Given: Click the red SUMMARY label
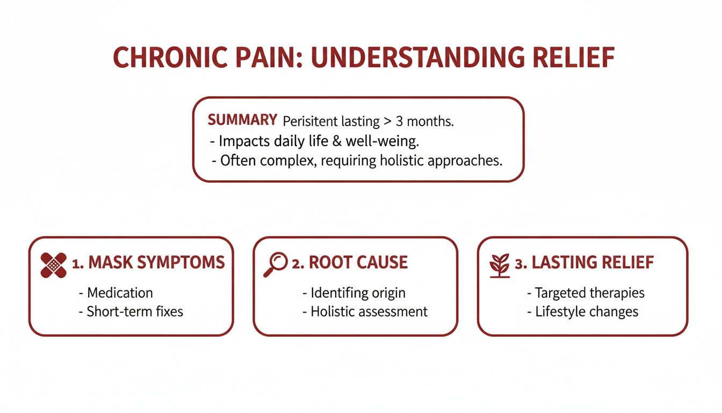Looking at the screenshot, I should coord(242,120).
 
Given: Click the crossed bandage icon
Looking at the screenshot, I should coord(54,265).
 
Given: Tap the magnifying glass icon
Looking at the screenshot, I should coord(276,264).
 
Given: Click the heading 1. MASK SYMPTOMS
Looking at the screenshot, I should coord(148,262).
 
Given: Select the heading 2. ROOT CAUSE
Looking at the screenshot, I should coord(350,262).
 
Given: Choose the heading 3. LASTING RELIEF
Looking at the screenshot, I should coord(584,262).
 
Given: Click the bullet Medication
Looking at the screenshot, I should coord(119,293).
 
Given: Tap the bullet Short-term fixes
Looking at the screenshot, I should coord(134,311).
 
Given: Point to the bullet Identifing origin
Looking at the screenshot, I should coord(357,293).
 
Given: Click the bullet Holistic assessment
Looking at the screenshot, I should coord(369,311).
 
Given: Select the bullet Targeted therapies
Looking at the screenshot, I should coord(589,293).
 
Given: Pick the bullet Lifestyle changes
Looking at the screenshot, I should coord(586,311).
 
